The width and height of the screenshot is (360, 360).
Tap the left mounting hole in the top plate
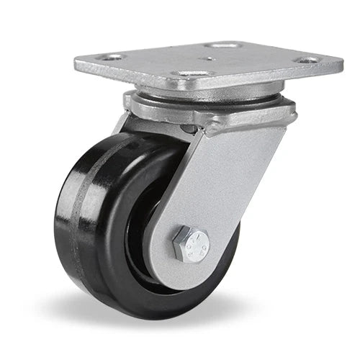coord(112,57)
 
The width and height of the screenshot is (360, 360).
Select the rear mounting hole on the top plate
coord(225,45)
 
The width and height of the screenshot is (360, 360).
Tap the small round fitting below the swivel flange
coord(189,129)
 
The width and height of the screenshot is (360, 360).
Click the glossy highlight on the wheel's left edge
coord(61,216)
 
